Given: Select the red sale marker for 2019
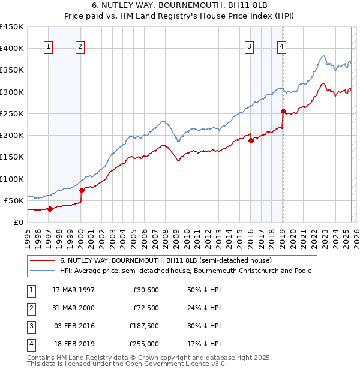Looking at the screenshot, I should click(283, 111).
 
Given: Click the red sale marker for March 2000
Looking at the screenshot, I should click(82, 190).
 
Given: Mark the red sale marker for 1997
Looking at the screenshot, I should click(50, 209).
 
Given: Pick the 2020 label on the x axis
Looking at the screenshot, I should click(292, 234).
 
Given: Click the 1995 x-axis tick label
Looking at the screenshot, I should click(27, 234).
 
